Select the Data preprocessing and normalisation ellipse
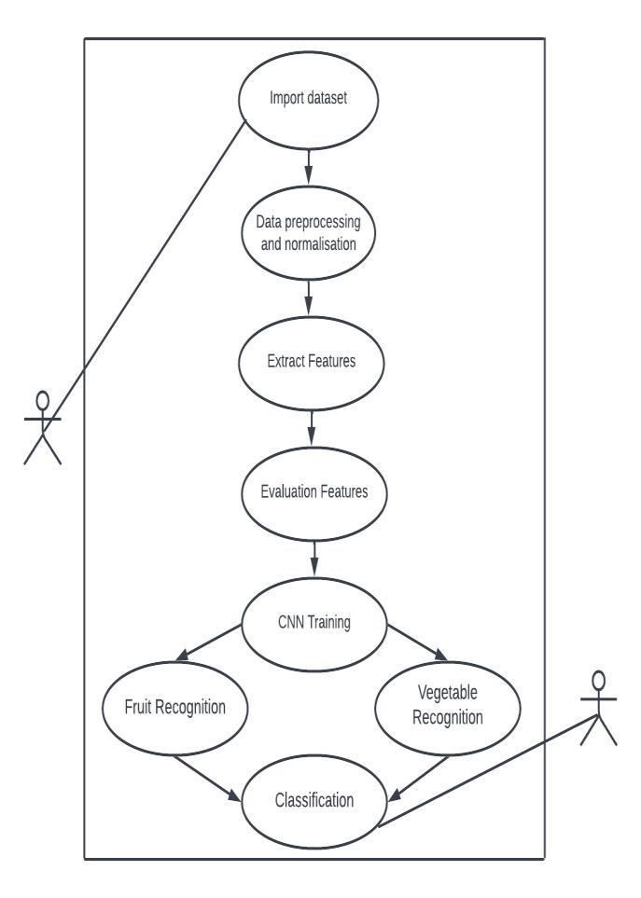pyautogui.click(x=307, y=234)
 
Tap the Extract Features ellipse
pyautogui.click(x=311, y=363)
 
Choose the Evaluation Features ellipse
pyautogui.click(x=314, y=492)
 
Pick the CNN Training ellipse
pyautogui.click(x=314, y=624)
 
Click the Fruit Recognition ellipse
pyautogui.click(x=175, y=707)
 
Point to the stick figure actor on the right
pyautogui.click(x=598, y=708)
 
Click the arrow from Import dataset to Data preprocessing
pyautogui.click(x=307, y=168)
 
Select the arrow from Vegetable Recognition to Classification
pyautogui.click(x=417, y=776)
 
